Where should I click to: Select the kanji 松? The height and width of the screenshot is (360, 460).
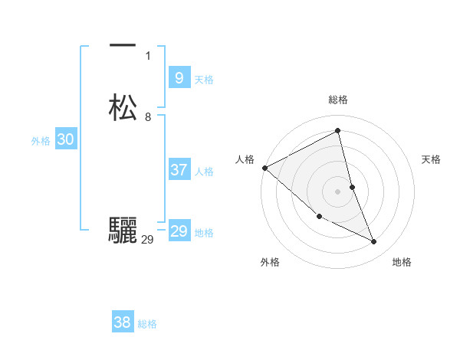coord(123,108)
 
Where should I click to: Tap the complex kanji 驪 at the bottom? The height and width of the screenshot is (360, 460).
coord(123,231)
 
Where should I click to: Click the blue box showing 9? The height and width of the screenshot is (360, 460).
coord(179,77)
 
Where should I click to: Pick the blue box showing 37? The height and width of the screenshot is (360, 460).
coord(179,170)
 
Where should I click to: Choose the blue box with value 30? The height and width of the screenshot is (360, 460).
coord(66,139)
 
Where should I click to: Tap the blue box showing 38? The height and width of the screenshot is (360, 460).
coord(122,322)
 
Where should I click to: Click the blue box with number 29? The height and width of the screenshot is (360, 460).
coord(179,231)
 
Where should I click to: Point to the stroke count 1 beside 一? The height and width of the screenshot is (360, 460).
coord(148,56)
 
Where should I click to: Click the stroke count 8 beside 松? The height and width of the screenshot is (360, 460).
coord(148,117)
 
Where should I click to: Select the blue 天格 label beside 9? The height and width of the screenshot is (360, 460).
coord(204,80)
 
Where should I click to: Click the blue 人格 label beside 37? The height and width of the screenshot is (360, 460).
coord(204,172)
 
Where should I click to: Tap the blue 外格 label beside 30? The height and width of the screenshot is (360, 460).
coord(41,141)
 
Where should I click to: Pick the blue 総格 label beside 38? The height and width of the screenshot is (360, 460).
coord(147,324)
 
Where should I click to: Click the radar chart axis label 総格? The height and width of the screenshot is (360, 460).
coord(338,100)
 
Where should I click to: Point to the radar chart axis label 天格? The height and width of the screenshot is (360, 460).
coord(432,159)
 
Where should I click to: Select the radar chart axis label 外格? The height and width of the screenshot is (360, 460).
coord(270,262)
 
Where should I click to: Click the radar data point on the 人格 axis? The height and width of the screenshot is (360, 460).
coord(264,168)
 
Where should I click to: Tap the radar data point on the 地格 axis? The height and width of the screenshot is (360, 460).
coord(374,242)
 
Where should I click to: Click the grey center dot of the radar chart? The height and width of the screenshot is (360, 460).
coord(338,191)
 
